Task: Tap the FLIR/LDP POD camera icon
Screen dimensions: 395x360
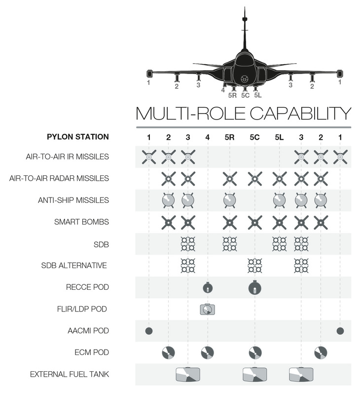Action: [207, 310]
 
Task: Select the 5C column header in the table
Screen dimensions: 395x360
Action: [254, 137]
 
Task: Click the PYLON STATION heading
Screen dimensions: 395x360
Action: [78, 137]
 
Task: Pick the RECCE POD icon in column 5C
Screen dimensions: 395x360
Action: [254, 287]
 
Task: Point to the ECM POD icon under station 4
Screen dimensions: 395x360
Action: [207, 353]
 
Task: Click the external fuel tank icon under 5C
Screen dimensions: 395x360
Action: [254, 374]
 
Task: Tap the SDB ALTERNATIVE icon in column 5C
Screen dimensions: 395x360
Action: [254, 266]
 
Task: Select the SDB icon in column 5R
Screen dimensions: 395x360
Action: [229, 244]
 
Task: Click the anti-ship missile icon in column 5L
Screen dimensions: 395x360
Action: [279, 200]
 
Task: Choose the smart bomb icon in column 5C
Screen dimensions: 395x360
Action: [254, 222]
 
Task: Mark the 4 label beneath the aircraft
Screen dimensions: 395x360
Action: [223, 89]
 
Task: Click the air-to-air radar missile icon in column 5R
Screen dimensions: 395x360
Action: [229, 179]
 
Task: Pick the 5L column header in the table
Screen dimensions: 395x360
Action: [279, 137]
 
